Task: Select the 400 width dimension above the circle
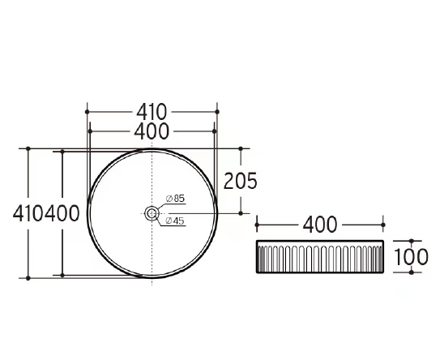(x=152, y=130)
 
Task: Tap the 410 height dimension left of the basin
(x=28, y=214)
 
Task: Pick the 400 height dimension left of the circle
(x=63, y=214)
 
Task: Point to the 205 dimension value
(x=240, y=181)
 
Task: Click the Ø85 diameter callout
(x=175, y=198)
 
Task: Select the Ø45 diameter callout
(x=175, y=221)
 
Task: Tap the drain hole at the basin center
(x=152, y=213)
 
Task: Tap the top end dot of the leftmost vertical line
(x=28, y=148)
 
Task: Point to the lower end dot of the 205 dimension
(x=241, y=213)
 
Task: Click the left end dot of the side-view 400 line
(x=257, y=223)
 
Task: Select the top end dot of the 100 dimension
(x=412, y=242)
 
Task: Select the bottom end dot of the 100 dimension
(x=412, y=272)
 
